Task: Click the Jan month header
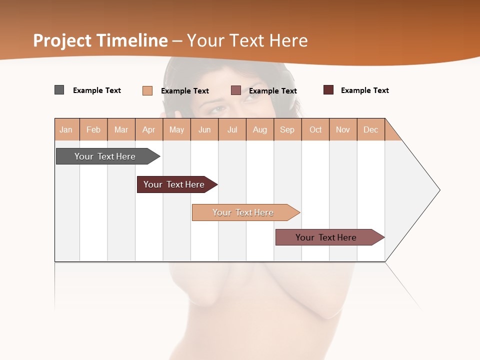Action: click(x=66, y=129)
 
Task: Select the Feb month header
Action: click(x=93, y=129)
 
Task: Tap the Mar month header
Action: click(x=121, y=129)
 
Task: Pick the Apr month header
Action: click(x=149, y=129)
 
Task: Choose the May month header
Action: click(x=176, y=129)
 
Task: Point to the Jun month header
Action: click(x=204, y=129)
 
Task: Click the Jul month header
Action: click(x=232, y=129)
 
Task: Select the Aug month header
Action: click(x=260, y=129)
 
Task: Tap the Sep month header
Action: click(x=287, y=129)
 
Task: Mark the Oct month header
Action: click(x=315, y=129)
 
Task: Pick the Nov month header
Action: click(x=343, y=129)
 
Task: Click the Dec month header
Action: click(x=371, y=129)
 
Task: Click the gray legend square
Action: click(x=59, y=90)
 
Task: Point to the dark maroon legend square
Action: click(x=328, y=90)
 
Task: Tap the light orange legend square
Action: click(x=147, y=90)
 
